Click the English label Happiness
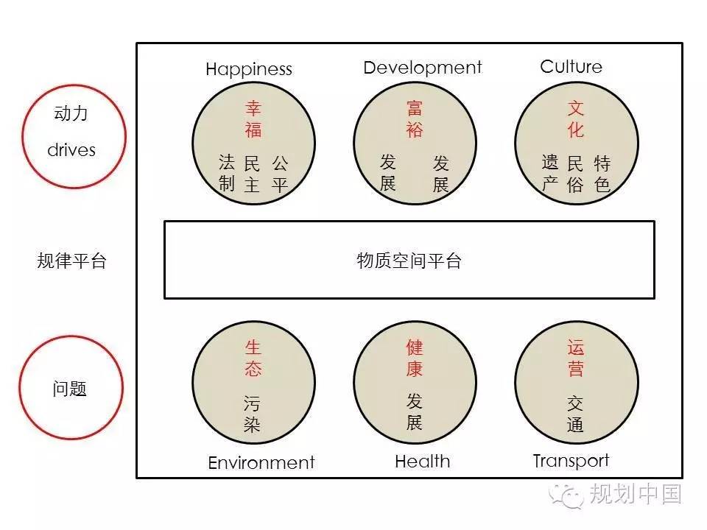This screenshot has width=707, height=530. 249,69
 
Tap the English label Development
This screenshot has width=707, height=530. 423,68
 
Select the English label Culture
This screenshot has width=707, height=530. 571,67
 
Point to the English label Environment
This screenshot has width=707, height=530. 261,463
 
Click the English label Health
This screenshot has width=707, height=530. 423,462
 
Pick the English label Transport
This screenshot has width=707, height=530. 571,461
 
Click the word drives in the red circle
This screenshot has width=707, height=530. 71,149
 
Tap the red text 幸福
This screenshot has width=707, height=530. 253,119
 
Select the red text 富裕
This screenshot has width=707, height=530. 415,119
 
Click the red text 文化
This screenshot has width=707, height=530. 576,119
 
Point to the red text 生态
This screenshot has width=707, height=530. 253,358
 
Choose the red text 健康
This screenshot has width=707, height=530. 415,358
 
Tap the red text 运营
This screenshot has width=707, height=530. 576,358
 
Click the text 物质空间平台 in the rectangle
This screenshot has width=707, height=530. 409,261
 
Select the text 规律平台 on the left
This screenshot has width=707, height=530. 71,261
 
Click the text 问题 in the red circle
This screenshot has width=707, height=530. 69,389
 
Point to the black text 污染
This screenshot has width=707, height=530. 252,414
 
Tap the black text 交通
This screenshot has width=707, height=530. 575,414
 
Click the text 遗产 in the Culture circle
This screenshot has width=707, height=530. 550,174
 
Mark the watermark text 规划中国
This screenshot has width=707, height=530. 636,495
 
